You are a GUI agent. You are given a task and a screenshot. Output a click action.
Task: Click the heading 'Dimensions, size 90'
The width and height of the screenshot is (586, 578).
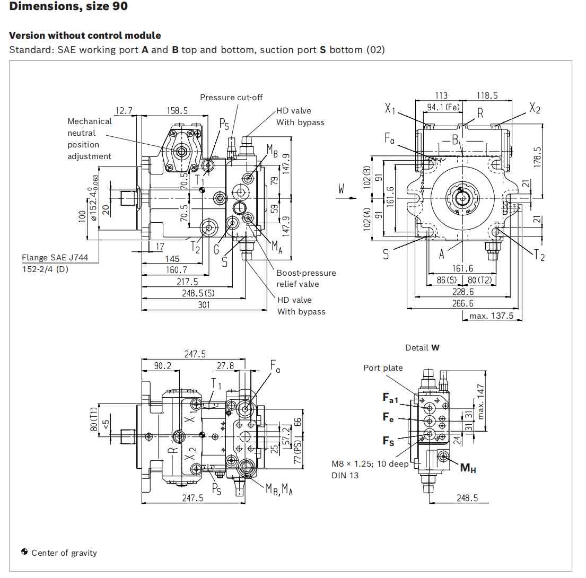pos(68,6)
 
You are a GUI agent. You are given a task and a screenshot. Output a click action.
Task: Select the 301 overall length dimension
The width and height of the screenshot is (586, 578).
pos(204,305)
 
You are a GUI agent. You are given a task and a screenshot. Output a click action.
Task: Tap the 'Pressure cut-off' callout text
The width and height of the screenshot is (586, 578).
pos(231,98)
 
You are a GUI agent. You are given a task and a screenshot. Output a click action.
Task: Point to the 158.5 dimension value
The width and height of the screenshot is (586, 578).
pos(177,111)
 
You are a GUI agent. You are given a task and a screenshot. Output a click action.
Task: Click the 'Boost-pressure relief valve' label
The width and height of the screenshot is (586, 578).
pos(306,278)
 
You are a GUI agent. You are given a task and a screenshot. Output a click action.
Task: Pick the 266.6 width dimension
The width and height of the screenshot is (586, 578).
pos(462,303)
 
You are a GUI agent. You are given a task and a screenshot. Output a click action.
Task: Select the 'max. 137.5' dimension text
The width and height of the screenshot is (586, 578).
pos(492,316)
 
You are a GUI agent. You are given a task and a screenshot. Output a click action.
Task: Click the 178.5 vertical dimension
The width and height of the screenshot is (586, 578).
pos(537,157)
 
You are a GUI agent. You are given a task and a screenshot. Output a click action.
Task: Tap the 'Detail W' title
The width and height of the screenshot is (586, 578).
pos(422,348)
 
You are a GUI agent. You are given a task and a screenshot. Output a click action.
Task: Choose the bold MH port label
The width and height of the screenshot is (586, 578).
pos(468,467)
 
